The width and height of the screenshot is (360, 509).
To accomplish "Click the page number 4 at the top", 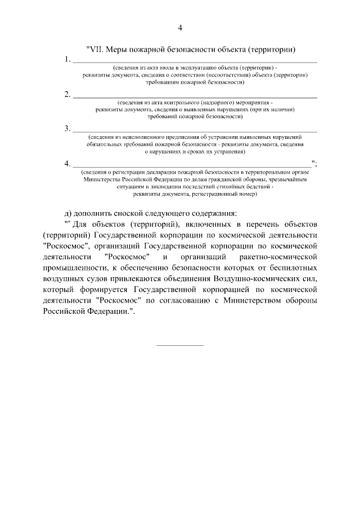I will (x=180, y=28).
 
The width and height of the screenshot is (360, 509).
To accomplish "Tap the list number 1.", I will (x=67, y=59).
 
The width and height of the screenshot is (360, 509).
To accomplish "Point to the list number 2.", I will (x=67, y=94).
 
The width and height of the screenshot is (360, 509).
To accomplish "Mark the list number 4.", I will (x=67, y=164).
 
